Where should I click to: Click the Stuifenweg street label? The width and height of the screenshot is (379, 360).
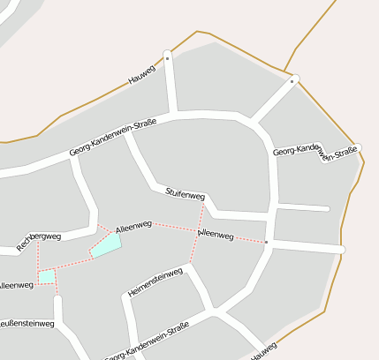coord(185,193)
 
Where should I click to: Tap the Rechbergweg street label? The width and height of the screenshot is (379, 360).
coord(39,241)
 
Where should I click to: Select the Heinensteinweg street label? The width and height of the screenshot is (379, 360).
coord(155,282)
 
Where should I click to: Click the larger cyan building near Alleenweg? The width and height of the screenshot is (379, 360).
coord(106,245)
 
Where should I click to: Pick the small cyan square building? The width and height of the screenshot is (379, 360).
coord(47,277)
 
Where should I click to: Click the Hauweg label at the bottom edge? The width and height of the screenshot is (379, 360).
coord(263,351)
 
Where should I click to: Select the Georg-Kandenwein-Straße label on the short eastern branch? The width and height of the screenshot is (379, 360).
coord(315,153)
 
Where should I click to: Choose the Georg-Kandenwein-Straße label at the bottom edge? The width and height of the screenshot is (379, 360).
coord(147,342)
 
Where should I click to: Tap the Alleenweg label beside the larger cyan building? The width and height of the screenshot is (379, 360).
coord(133,228)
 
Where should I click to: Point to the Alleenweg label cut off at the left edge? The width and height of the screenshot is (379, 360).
coord(16,285)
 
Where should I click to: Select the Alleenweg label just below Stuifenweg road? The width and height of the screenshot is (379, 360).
coord(216,235)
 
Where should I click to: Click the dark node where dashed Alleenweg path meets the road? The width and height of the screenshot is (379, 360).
coord(266,242)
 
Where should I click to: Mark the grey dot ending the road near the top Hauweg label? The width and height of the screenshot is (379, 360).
coord(167,56)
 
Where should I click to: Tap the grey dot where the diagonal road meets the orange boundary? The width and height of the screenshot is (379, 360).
coord(292,80)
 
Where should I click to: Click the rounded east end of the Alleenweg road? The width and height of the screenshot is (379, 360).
coord(341,251)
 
